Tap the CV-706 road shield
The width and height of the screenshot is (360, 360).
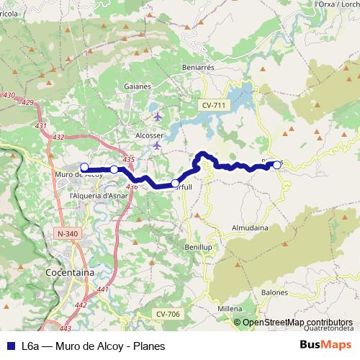pyautogui.click(x=167, y=314)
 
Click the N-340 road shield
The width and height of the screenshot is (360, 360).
pyautogui.click(x=66, y=234)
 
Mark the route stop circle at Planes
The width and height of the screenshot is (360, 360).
pyautogui.click(x=277, y=165)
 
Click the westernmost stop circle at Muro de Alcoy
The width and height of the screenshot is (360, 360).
pyautogui.click(x=85, y=168)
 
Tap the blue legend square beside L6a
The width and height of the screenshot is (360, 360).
pyautogui.click(x=8, y=345)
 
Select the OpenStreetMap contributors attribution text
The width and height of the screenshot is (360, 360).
pyautogui.click(x=297, y=323)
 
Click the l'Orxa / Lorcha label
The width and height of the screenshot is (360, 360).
pyautogui.click(x=336, y=4)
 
